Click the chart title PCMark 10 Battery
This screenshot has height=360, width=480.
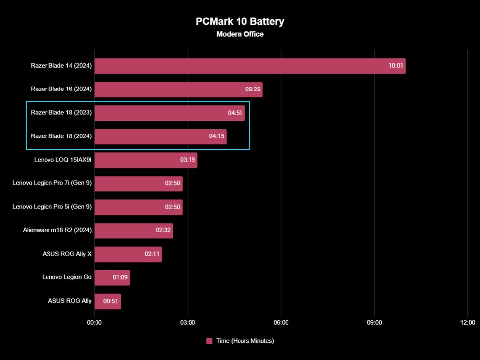click(x=240, y=22)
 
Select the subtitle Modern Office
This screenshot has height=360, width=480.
click(x=240, y=34)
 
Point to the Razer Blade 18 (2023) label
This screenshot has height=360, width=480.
click(x=61, y=113)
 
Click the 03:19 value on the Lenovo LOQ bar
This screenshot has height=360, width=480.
click(x=188, y=160)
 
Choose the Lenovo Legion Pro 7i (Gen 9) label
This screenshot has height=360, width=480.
click(x=52, y=183)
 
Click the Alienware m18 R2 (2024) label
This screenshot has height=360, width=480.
click(x=57, y=230)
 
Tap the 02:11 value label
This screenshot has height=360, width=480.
click(x=152, y=254)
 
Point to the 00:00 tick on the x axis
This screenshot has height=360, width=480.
click(x=94, y=323)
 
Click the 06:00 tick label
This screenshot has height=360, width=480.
click(x=281, y=323)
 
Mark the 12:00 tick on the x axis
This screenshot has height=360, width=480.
click(x=467, y=323)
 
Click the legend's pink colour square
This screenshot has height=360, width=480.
click(x=209, y=341)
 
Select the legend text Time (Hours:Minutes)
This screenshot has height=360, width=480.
click(x=245, y=341)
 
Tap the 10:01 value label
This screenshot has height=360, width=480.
click(x=395, y=66)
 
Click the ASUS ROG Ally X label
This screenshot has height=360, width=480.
click(x=67, y=254)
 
